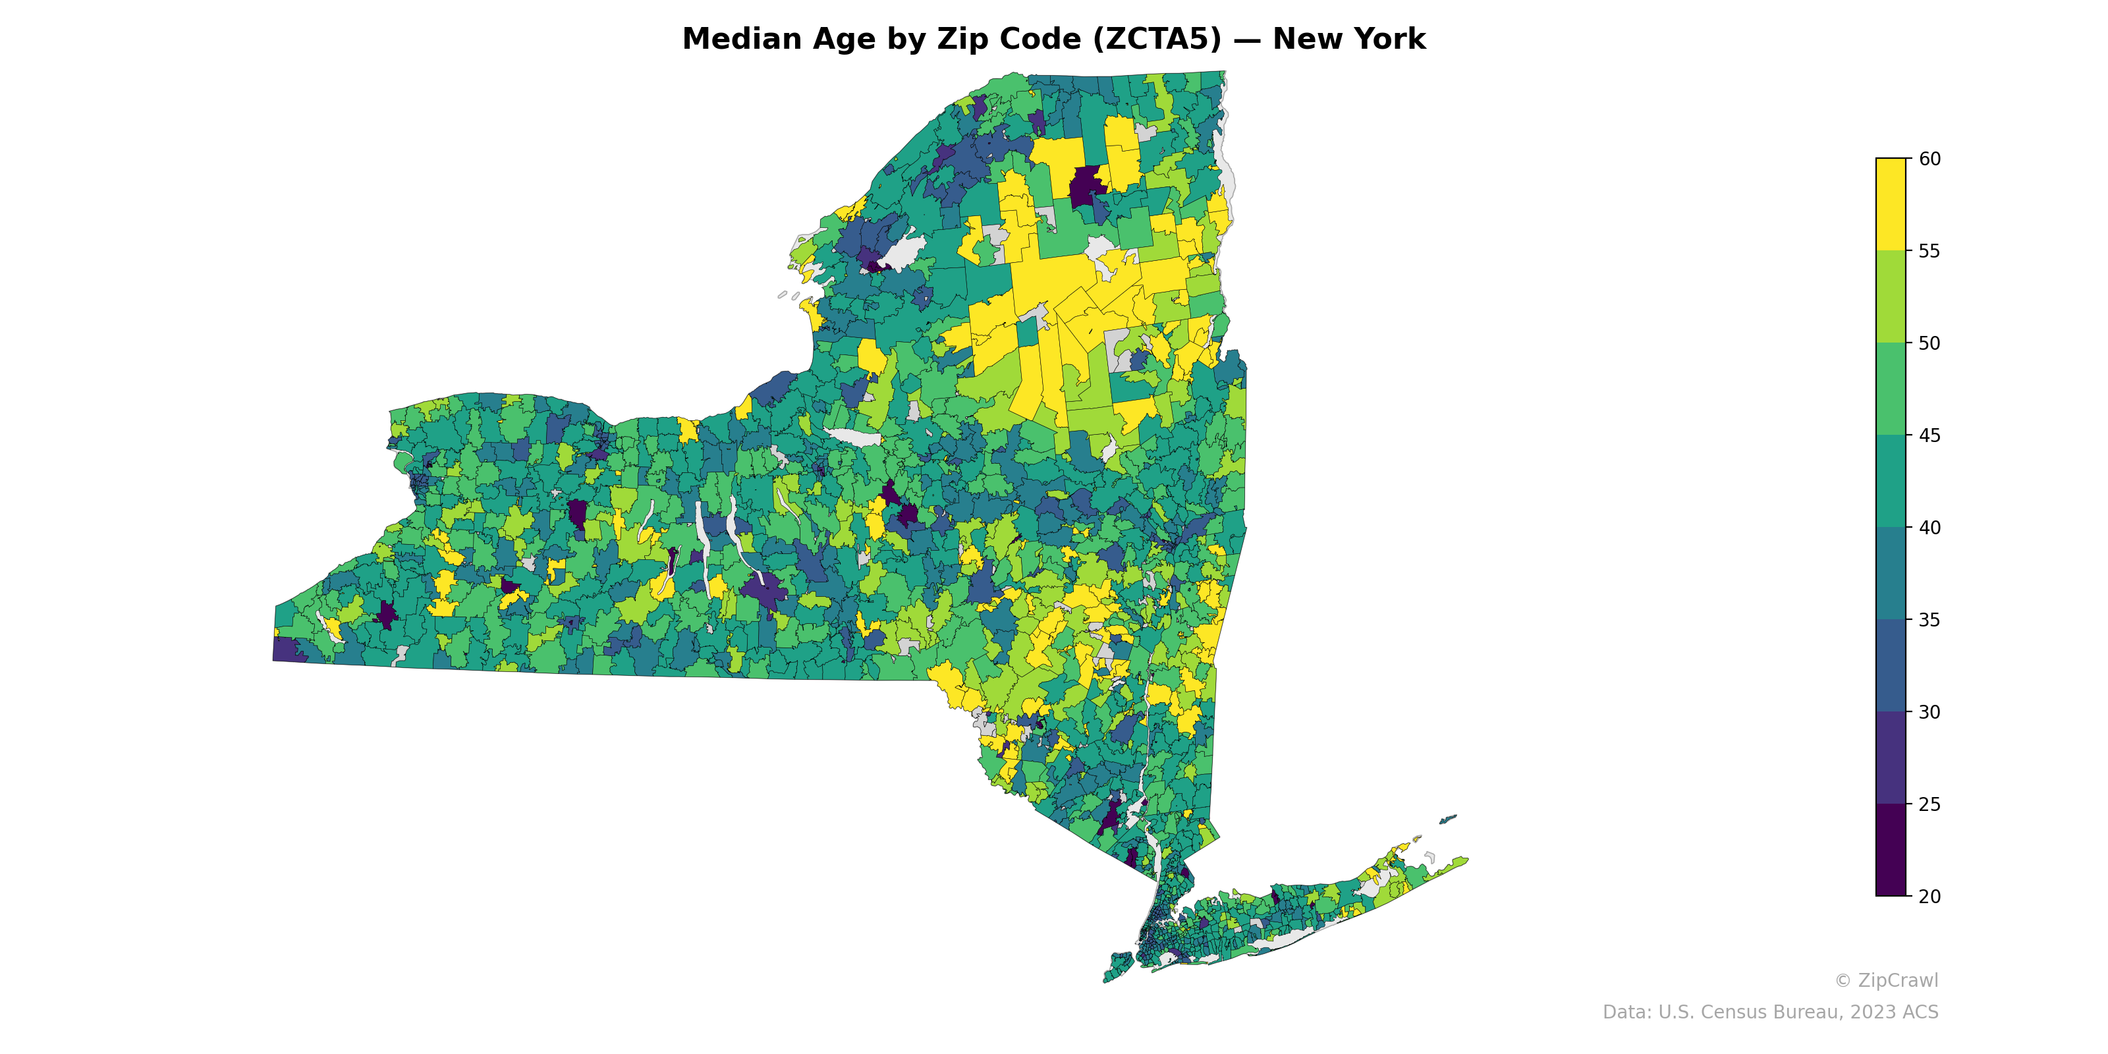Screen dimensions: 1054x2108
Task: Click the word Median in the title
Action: (741, 40)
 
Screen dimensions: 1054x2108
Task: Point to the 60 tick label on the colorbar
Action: (1929, 159)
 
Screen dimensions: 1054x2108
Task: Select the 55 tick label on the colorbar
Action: (1929, 251)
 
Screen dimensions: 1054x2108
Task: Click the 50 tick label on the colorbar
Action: (1929, 344)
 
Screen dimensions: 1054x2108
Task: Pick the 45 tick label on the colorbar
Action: (1929, 435)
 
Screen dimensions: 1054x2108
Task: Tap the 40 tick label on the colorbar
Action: (1929, 528)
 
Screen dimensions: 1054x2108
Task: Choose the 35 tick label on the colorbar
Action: (1929, 621)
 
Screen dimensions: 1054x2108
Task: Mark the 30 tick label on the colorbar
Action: (1929, 712)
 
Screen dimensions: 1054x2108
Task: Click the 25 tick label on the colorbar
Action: (1929, 804)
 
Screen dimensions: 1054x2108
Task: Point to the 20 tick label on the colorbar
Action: (1929, 896)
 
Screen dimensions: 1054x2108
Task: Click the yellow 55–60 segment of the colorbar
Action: (1891, 205)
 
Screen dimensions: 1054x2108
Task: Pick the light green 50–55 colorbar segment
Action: (1891, 297)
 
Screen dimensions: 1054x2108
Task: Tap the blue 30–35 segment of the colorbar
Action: (1891, 666)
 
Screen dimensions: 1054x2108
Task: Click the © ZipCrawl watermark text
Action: (1886, 980)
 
